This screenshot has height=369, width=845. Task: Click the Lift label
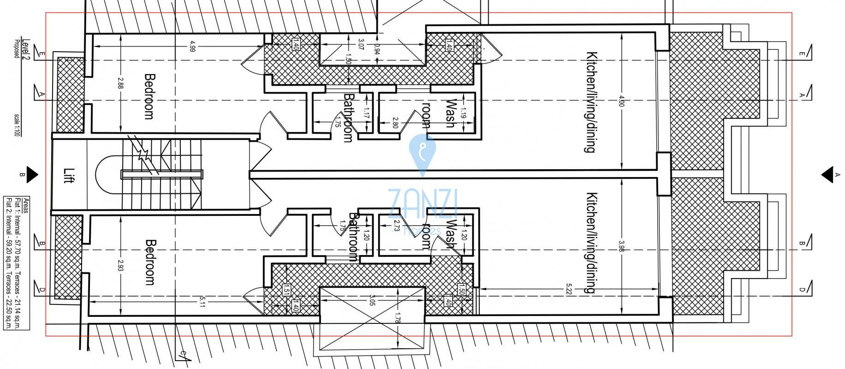click(68, 175)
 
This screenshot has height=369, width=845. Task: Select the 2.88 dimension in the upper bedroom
click(120, 83)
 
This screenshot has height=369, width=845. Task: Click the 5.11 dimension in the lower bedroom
click(202, 302)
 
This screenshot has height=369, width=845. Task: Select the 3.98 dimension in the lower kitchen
click(621, 246)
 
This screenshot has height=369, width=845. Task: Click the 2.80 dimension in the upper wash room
click(395, 122)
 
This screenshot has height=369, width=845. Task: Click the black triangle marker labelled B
click(31, 174)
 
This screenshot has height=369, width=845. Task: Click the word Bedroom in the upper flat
click(149, 96)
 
